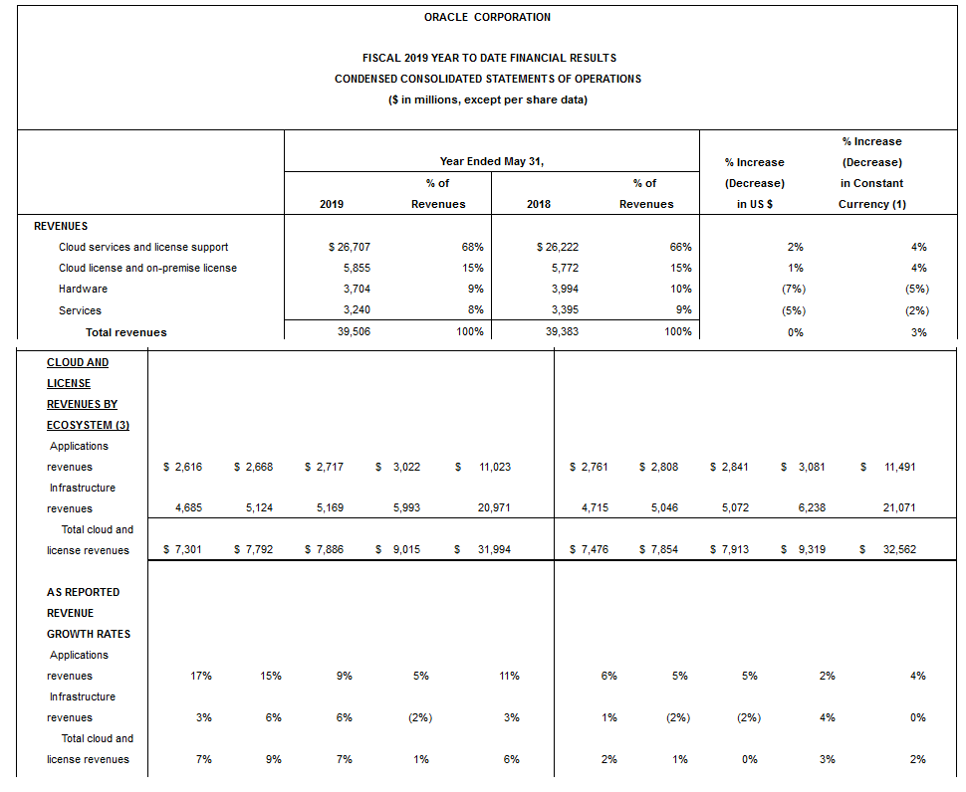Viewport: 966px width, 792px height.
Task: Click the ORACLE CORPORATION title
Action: pyautogui.click(x=487, y=17)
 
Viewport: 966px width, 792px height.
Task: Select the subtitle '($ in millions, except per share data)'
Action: pyautogui.click(x=487, y=99)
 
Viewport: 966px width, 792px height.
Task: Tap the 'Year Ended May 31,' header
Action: pyautogui.click(x=492, y=161)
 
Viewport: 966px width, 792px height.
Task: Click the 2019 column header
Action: pyautogui.click(x=332, y=204)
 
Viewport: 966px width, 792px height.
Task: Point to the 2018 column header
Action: pyautogui.click(x=539, y=204)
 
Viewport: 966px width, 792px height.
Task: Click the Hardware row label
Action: pyautogui.click(x=83, y=289)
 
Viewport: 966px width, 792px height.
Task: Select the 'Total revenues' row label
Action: pyautogui.click(x=125, y=332)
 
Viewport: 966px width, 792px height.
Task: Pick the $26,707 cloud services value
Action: pyautogui.click(x=349, y=247)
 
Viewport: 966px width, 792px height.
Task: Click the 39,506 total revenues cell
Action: pyautogui.click(x=354, y=332)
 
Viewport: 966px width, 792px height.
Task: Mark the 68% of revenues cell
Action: pyautogui.click(x=472, y=247)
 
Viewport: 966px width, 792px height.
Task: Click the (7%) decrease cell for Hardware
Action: pyautogui.click(x=794, y=289)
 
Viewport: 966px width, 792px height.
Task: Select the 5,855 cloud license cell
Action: pyautogui.click(x=356, y=268)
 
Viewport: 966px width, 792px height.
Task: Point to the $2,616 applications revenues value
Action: pyautogui.click(x=181, y=467)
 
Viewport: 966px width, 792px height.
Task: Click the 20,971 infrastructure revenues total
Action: pyautogui.click(x=495, y=508)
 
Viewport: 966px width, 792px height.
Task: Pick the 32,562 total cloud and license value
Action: pyautogui.click(x=898, y=550)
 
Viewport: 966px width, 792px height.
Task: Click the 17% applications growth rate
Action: pyautogui.click(x=200, y=676)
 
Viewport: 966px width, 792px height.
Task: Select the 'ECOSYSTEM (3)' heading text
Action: pyautogui.click(x=88, y=425)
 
